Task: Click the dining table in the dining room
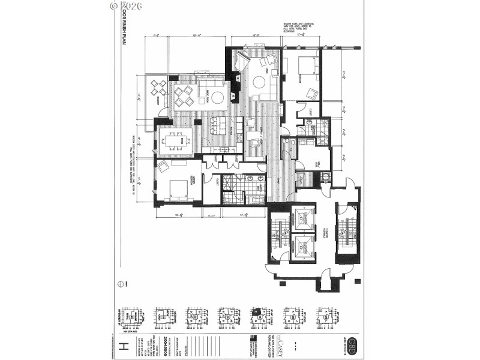pyautogui.click(x=178, y=141)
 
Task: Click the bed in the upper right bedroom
pyautogui.click(x=304, y=65)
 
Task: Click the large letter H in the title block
pyautogui.click(x=125, y=347)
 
